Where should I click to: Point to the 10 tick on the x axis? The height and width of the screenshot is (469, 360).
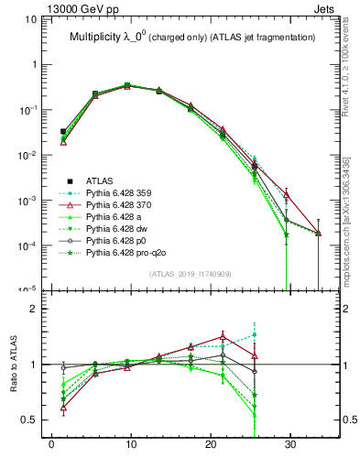[x=130, y=450]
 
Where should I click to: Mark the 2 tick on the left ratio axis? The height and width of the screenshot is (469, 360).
[x=42, y=309]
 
